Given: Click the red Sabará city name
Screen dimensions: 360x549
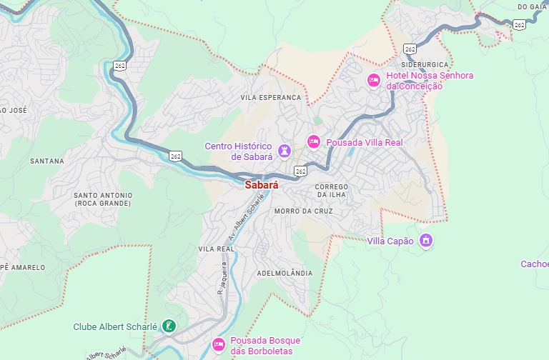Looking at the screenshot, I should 261,184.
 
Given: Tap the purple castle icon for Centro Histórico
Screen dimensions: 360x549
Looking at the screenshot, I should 286,151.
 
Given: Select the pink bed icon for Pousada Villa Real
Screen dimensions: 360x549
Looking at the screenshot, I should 313,142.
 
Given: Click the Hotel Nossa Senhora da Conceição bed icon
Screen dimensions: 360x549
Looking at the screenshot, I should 373,81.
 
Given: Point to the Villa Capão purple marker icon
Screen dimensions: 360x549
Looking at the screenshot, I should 426,241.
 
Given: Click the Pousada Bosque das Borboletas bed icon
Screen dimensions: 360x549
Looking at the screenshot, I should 219,346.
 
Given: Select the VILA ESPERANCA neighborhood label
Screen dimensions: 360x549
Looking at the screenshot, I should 271,97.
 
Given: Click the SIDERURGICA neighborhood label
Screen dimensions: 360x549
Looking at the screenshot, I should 425,64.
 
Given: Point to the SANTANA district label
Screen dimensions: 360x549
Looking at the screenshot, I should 47,161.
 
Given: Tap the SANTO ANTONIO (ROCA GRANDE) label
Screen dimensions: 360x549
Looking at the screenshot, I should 103,199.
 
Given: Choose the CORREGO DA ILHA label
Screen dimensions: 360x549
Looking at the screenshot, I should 332,191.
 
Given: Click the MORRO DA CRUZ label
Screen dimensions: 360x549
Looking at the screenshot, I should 303,211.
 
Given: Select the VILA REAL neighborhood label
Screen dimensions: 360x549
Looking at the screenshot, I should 216,249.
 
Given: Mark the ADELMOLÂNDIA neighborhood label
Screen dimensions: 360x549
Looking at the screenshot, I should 285,273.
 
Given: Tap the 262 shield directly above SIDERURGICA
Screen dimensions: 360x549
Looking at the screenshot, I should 410,49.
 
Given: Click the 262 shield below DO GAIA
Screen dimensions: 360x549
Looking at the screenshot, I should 519,25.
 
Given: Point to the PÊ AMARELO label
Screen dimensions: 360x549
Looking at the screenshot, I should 21,267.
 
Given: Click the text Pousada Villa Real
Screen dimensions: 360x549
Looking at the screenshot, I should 365,142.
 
